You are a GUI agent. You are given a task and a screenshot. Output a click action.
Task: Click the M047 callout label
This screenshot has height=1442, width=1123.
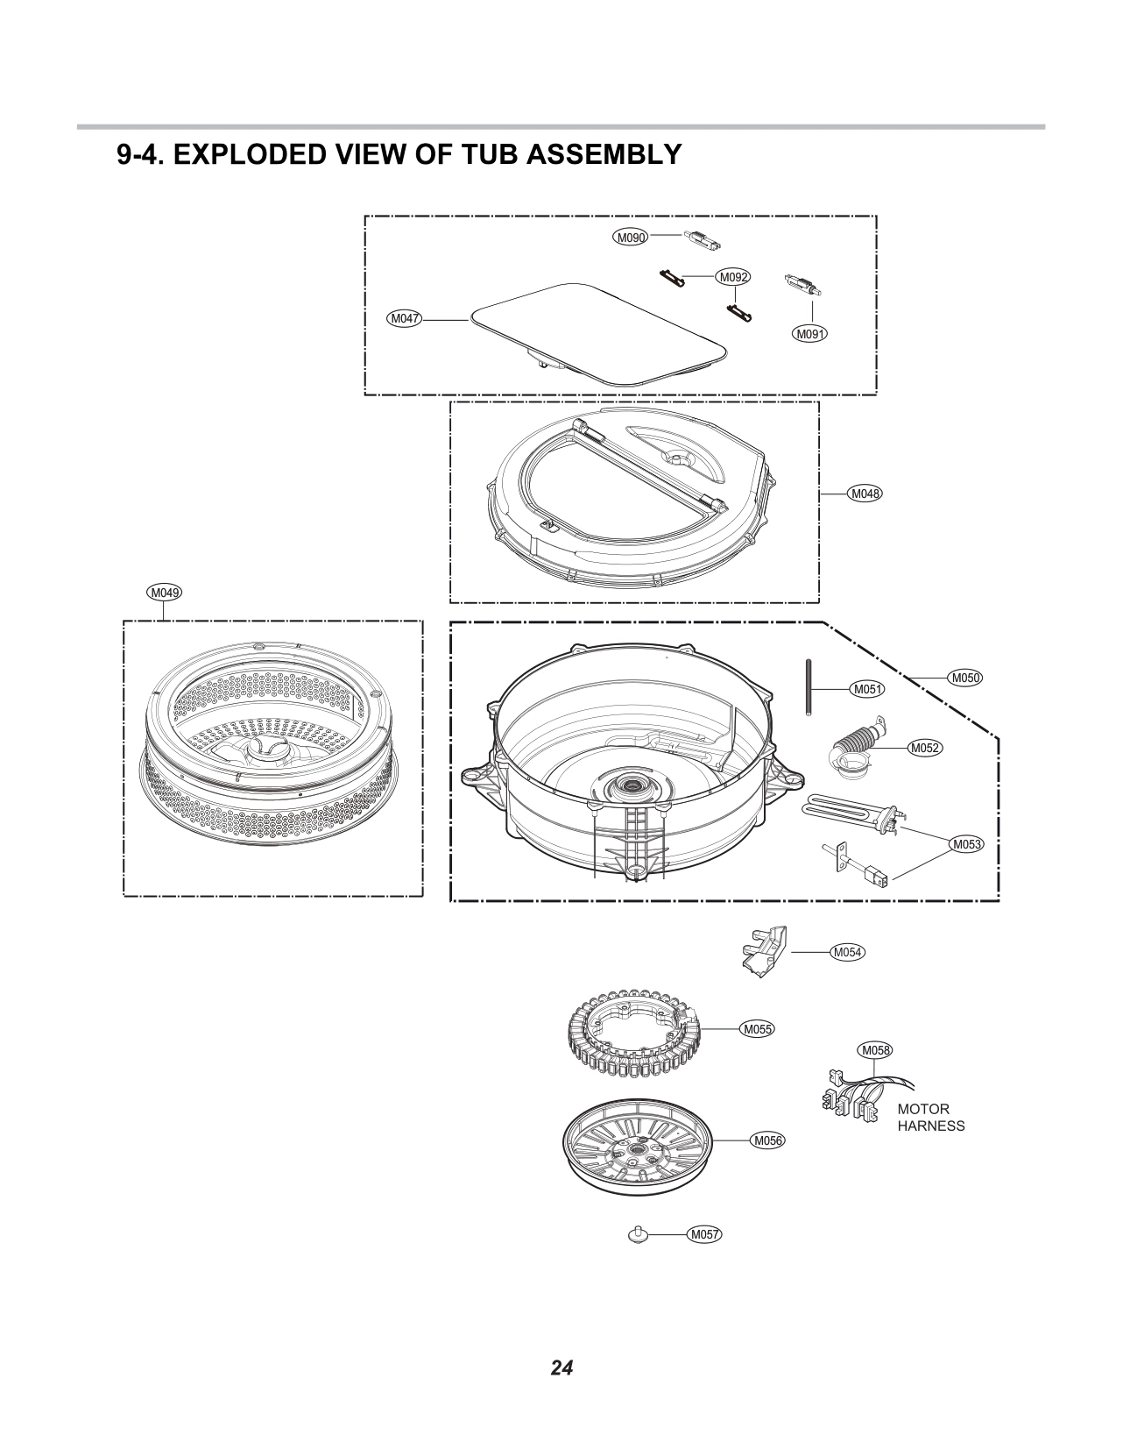click(404, 319)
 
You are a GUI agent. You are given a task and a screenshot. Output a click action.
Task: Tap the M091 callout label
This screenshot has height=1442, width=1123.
click(810, 334)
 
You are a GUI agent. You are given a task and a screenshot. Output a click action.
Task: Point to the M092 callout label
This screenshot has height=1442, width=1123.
click(732, 278)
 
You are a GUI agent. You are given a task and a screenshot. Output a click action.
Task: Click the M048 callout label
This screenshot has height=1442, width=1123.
click(865, 494)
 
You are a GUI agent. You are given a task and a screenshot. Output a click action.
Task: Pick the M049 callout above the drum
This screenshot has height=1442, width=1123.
click(164, 593)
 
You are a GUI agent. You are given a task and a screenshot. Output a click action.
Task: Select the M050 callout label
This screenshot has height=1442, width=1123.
click(965, 677)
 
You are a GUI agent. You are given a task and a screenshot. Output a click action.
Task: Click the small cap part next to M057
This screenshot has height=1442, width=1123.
click(637, 1233)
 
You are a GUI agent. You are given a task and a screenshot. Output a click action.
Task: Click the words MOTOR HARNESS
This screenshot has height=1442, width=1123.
click(929, 1118)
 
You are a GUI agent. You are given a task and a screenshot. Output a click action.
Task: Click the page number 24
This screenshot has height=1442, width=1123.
click(561, 1367)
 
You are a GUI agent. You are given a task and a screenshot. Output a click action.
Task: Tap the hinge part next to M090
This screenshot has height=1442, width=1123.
click(700, 238)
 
